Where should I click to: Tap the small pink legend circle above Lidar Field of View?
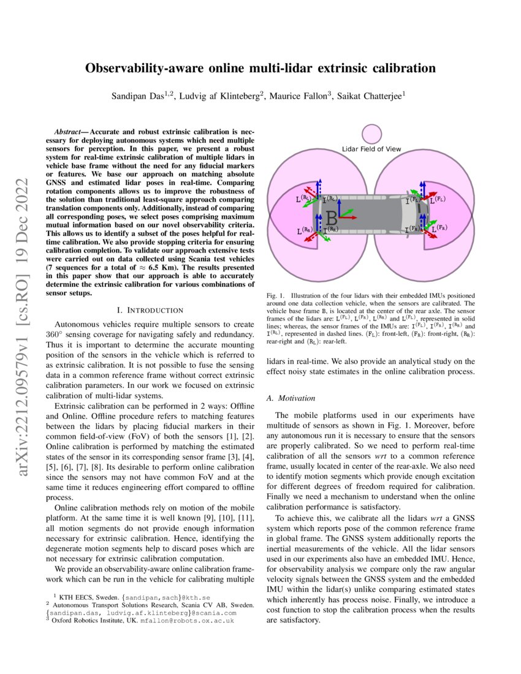(x=371, y=135)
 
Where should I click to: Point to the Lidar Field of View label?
(x=371, y=149)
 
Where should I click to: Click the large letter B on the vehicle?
(x=331, y=218)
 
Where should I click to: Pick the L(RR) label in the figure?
(x=305, y=231)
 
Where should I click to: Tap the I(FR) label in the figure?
(x=413, y=229)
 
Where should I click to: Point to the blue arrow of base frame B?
(x=338, y=203)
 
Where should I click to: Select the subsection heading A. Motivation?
(x=291, y=398)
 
